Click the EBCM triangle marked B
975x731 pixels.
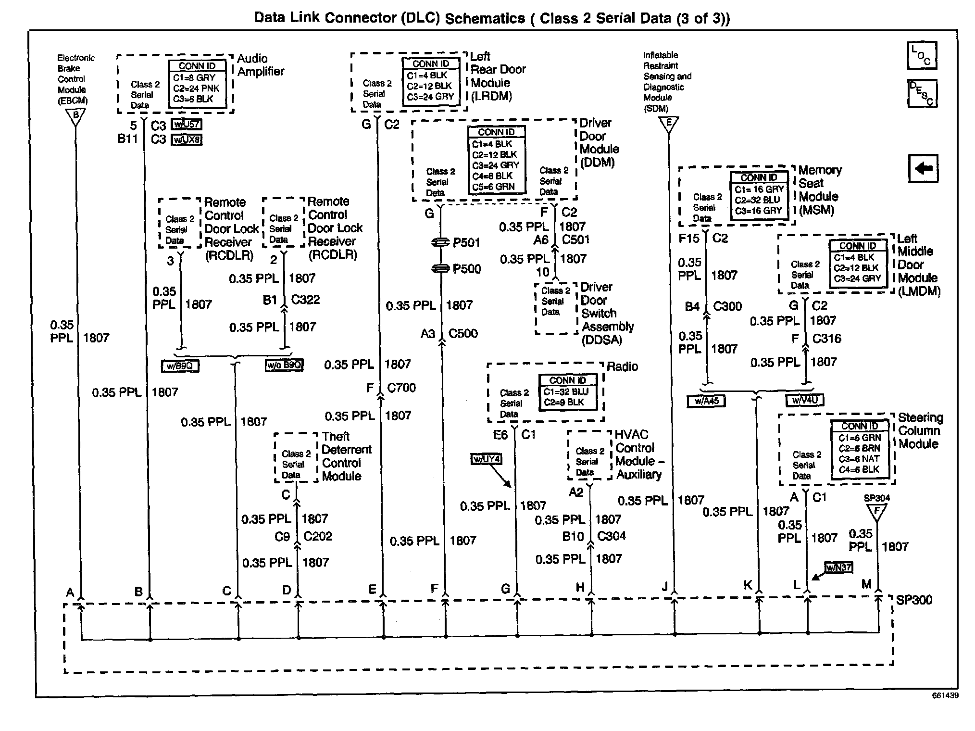75,116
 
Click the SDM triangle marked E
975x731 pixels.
668,124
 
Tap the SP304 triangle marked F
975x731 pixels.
877,512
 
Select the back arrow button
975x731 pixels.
923,168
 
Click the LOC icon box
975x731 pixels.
922,55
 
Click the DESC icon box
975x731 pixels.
922,93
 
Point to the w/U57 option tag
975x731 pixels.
187,125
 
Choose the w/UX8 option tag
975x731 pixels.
187,139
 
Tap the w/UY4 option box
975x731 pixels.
486,459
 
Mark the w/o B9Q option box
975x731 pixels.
284,365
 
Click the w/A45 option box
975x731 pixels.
706,401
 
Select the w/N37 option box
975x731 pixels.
838,567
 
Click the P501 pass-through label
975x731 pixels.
466,242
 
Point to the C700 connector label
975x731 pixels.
401,388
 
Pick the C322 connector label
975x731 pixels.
306,300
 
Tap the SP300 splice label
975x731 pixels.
914,600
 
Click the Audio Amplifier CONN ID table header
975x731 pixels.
197,66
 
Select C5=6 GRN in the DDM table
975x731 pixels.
493,187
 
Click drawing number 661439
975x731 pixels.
945,695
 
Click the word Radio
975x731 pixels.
623,366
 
